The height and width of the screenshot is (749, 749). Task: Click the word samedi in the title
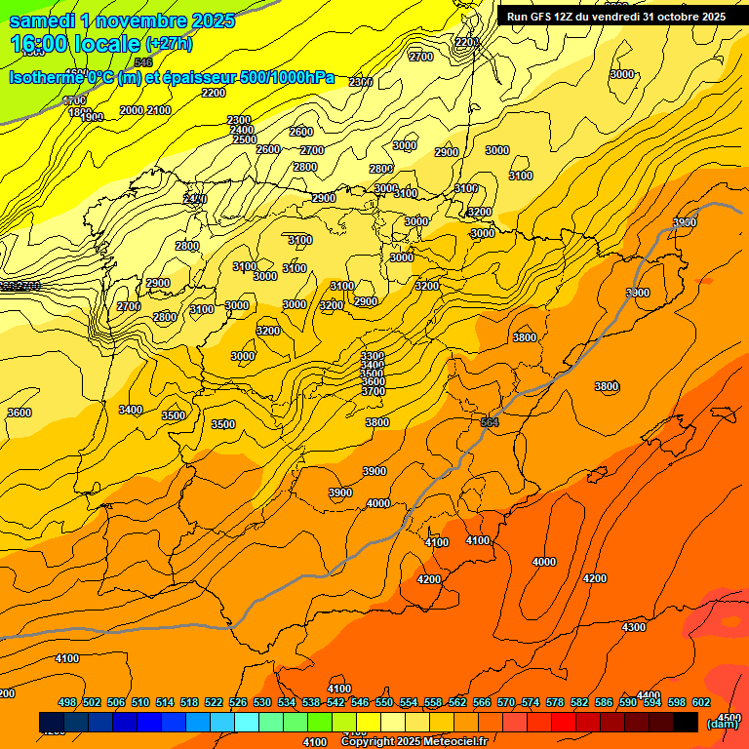tap(42, 20)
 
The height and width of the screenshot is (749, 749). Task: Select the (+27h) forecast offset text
tap(169, 44)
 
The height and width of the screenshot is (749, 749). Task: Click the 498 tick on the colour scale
tap(67, 702)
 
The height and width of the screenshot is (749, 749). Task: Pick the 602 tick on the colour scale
tap(700, 702)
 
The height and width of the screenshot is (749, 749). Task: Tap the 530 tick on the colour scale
tap(262, 702)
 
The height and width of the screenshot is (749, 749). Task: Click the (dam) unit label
tap(722, 723)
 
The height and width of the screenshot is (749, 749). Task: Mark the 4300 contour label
tap(634, 627)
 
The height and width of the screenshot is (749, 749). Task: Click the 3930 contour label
tap(685, 223)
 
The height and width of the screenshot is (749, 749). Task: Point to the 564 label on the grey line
tap(490, 422)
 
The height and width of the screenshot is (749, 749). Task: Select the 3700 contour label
tap(373, 391)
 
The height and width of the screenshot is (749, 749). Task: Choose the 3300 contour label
tap(372, 356)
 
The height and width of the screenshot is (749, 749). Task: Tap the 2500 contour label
tap(245, 139)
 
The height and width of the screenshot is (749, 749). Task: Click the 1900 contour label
tap(92, 118)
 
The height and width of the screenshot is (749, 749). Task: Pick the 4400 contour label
tap(649, 695)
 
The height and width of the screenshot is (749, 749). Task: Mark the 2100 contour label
tap(159, 110)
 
